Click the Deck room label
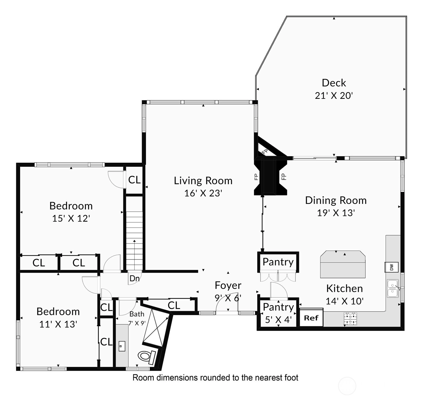pyautogui.click(x=334, y=83)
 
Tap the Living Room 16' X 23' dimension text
pyautogui.click(x=203, y=193)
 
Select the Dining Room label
pyautogui.click(x=336, y=200)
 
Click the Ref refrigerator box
pyautogui.click(x=311, y=318)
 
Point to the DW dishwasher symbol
pyautogui.click(x=391, y=267)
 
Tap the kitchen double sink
pyautogui.click(x=393, y=289)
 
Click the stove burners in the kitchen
pyautogui.click(x=351, y=319)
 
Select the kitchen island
pyautogui.click(x=343, y=264)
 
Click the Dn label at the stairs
pyautogui.click(x=134, y=278)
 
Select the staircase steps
pyautogui.click(x=134, y=241)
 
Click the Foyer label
pyautogui.click(x=228, y=285)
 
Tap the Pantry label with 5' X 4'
pyautogui.click(x=278, y=307)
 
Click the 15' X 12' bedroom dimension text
pyautogui.click(x=71, y=218)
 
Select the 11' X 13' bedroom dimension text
pyautogui.click(x=58, y=324)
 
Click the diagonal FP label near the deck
pyautogui.click(x=265, y=152)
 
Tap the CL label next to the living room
pyautogui.click(x=134, y=180)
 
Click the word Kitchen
pyautogui.click(x=344, y=289)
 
